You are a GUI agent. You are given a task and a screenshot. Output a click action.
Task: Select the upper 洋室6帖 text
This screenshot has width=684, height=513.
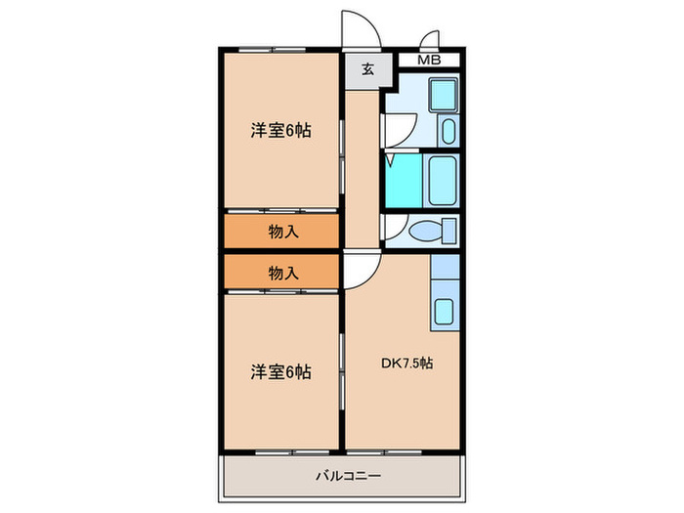coord(280,130)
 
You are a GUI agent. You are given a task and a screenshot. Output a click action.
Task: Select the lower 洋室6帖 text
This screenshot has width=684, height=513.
coord(280,371)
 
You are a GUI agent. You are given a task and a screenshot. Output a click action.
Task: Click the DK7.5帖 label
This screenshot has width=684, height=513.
coord(407,363)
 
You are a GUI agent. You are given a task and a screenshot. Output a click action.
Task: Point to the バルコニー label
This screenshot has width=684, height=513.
coord(347,476)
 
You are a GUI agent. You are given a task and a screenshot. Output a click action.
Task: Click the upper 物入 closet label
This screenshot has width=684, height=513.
coord(282,232)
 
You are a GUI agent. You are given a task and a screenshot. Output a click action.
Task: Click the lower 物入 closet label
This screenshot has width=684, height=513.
coord(282,274)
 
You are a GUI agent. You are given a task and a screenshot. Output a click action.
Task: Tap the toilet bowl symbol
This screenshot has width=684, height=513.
coord(432,232)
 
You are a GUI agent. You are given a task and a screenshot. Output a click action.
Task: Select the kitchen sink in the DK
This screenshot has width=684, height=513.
coord(445,312)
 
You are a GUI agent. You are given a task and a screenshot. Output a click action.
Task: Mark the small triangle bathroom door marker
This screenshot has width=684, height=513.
coord(390,156)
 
